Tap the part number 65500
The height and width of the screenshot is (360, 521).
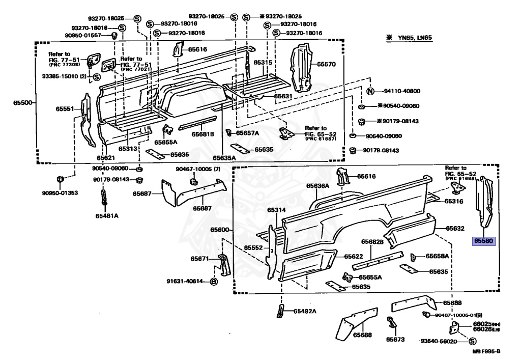point(23,103)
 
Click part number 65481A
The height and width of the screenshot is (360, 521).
point(106,215)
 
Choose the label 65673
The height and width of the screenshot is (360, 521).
point(395,339)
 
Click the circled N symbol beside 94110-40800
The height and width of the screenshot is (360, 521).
point(370,92)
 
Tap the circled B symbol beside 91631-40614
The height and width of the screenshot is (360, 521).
point(214,281)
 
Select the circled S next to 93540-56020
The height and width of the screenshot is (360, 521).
point(465,341)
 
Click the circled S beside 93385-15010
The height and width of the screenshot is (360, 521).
point(96,77)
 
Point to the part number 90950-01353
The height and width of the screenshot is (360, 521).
point(61,193)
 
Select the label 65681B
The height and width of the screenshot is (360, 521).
point(202,134)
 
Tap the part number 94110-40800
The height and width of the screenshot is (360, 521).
point(402,92)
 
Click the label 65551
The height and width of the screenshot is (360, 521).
point(65,109)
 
